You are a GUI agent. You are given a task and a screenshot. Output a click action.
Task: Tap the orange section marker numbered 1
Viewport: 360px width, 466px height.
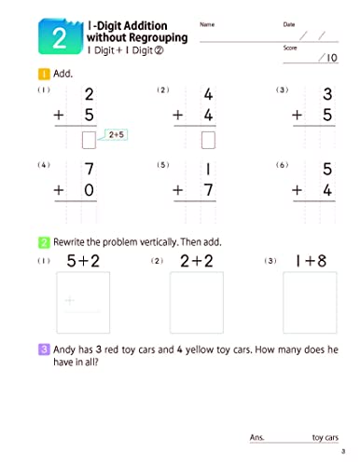coord(43,73)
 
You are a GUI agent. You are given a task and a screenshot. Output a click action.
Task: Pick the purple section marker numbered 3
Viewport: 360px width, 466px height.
coord(43,349)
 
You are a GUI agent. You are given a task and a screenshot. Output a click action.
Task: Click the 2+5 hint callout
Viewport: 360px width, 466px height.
coord(118,135)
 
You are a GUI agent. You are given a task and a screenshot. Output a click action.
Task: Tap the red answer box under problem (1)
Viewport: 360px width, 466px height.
coord(90,141)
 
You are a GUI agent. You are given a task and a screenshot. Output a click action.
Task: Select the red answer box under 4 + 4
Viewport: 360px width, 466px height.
coord(209,141)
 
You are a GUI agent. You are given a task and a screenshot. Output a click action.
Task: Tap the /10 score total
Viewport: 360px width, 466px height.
coord(327,58)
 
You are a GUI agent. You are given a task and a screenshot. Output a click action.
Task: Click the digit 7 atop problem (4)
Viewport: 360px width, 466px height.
coord(90,170)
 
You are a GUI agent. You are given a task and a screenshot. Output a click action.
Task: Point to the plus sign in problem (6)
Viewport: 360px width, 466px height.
coord(298,190)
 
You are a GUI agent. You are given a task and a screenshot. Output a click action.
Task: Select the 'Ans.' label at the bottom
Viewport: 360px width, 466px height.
coord(258,436)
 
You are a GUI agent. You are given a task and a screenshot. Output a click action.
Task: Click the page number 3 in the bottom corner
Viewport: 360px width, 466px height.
coord(343,454)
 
